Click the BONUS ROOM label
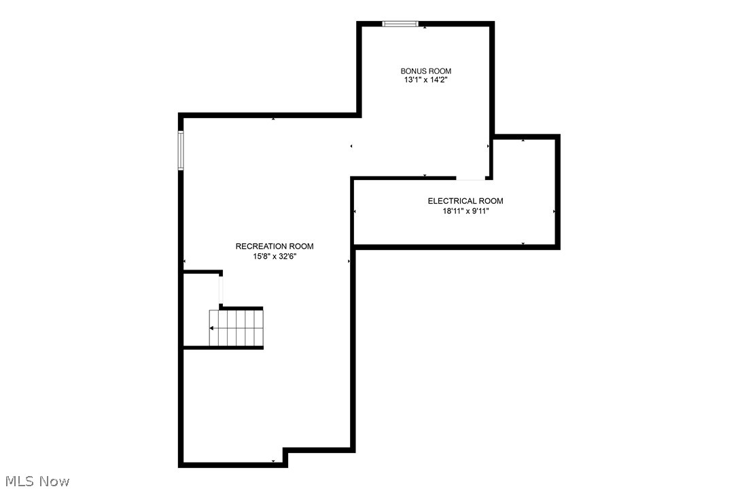coord(425,71)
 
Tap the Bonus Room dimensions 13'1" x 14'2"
coord(425,79)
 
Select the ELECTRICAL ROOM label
coord(465,201)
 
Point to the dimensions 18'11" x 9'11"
coord(465,211)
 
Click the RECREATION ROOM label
coord(275,247)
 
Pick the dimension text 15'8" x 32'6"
coord(275,256)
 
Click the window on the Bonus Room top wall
coord(400,24)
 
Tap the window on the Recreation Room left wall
coord(181,150)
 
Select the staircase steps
coord(236,328)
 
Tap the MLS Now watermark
coord(35,481)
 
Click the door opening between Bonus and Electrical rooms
coord(470,179)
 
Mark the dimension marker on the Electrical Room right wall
coord(555,212)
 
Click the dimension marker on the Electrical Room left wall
coord(355,212)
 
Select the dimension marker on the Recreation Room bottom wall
coord(273,462)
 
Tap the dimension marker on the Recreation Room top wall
coord(273,119)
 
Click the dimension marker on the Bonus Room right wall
coord(488,146)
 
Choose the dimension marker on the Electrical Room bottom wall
coord(523,243)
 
